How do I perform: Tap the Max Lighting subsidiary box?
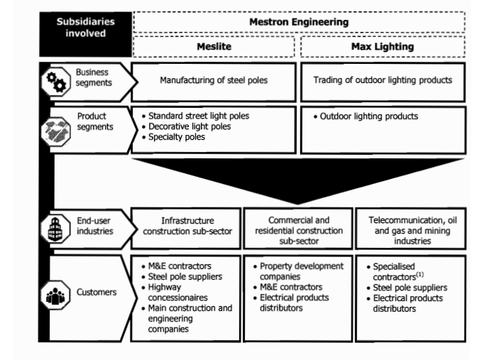pos(383,46)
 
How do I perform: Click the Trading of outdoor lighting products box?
pos(383,80)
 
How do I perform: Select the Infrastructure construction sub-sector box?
pos(187,226)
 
